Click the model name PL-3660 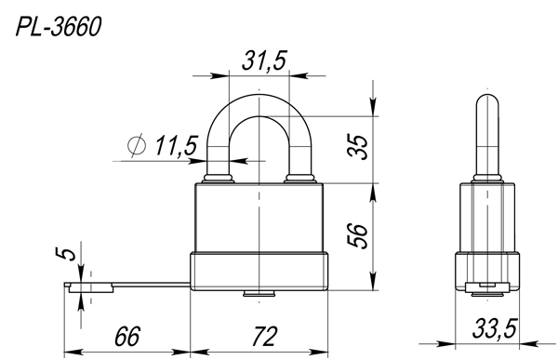59,27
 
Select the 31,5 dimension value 264,60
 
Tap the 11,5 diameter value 176,145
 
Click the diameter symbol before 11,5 137,145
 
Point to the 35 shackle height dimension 358,147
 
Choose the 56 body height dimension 358,235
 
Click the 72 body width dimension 264,336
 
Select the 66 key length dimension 127,336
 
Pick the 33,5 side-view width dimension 495,328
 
